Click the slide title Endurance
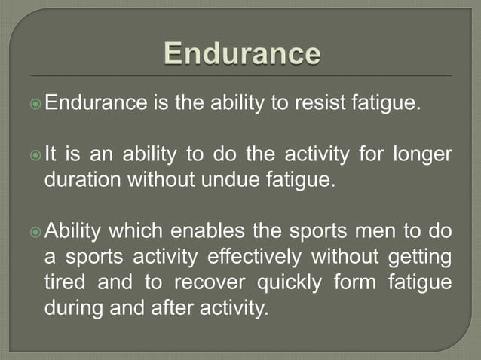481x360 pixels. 241,55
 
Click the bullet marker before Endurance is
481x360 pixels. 35,102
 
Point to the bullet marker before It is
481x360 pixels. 35,155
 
